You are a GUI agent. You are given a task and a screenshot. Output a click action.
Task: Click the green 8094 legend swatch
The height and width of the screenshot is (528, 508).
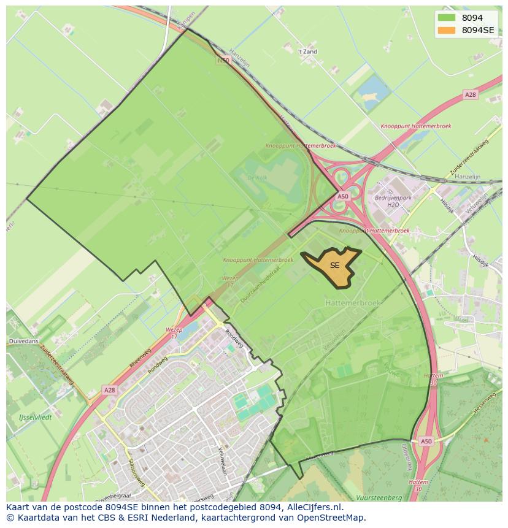point(447,18)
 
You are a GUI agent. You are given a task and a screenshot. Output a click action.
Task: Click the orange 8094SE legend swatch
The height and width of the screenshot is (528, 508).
point(447,29)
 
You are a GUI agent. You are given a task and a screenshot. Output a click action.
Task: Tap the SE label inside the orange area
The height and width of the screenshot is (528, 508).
point(334,266)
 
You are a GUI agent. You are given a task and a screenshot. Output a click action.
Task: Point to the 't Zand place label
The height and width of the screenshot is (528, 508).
point(307,52)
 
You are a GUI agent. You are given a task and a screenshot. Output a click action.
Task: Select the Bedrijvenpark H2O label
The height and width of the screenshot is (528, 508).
point(393,201)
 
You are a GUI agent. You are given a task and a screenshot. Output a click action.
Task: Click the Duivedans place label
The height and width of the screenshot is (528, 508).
point(23,340)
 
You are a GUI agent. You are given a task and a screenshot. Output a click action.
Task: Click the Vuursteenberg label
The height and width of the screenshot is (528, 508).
point(379,497)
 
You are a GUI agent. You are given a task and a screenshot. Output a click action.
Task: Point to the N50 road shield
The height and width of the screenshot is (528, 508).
point(223,60)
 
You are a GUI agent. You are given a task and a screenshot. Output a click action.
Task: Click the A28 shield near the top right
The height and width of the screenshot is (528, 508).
point(470,94)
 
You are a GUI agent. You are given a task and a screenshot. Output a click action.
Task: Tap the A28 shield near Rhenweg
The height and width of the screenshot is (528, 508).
point(109,389)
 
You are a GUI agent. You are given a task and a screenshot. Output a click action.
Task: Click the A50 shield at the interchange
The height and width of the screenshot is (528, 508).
point(342,196)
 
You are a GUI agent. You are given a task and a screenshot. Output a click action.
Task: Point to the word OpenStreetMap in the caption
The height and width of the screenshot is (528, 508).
point(334,518)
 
